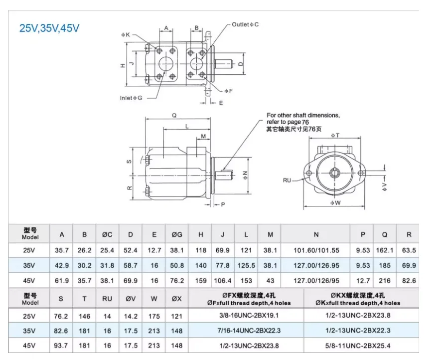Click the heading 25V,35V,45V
[x=49, y=28]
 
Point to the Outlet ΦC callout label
[x=245, y=24]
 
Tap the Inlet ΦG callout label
[x=131, y=98]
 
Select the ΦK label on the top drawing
[x=125, y=35]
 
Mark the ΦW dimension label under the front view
[x=335, y=203]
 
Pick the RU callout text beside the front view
[x=287, y=180]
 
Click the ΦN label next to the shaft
[x=245, y=174]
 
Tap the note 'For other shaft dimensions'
[x=303, y=115]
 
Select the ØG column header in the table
[x=177, y=235]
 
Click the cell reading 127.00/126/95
[x=316, y=281]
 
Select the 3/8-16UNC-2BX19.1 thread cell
[x=249, y=316]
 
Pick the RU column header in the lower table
[x=107, y=299]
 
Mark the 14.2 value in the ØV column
[x=130, y=316]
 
